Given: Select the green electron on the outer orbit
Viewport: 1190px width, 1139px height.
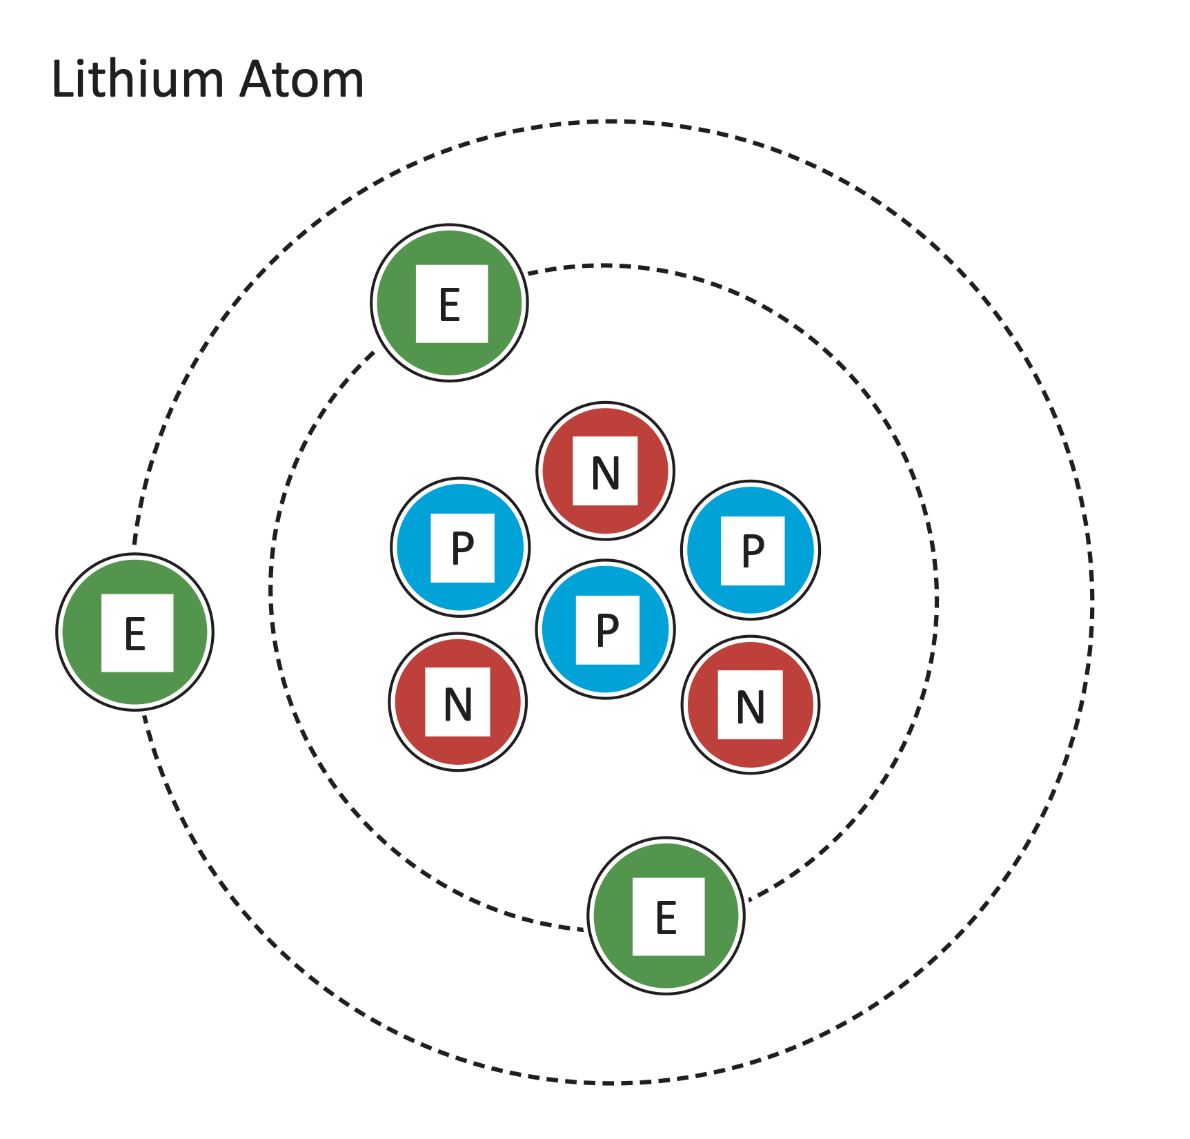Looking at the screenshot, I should [135, 632].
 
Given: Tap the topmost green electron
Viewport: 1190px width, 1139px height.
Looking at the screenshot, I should [450, 303].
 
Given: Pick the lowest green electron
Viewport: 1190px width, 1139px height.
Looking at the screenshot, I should [666, 916].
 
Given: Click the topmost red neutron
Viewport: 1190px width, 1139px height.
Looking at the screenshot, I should [606, 471].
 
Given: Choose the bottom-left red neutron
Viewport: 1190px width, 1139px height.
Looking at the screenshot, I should [458, 702].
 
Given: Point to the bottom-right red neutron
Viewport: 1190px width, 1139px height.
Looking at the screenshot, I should [751, 705].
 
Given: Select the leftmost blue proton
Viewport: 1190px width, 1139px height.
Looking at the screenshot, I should [461, 547].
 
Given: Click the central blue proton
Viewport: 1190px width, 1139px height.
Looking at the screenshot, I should [606, 629].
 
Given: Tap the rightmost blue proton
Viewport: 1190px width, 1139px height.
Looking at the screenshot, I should [751, 550].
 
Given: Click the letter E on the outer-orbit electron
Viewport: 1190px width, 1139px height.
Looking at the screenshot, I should [135, 634].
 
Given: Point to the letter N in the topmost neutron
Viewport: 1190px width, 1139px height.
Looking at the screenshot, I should [606, 474].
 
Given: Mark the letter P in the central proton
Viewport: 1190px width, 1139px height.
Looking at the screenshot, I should [607, 631].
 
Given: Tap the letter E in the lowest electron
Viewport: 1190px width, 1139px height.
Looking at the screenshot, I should [666, 918].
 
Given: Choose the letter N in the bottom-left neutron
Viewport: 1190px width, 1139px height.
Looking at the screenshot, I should [458, 705].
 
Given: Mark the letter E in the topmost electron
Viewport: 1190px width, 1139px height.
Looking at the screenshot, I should [450, 305].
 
